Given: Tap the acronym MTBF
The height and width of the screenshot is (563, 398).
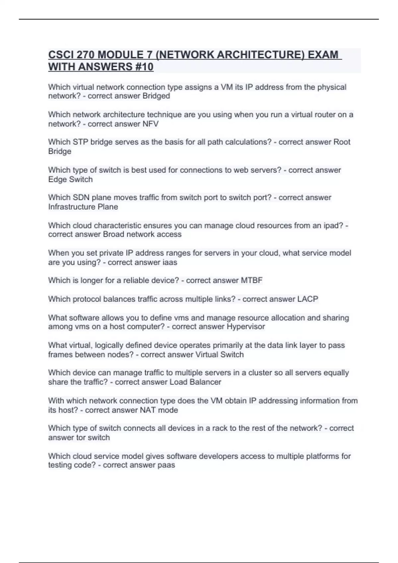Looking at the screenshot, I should pos(252,281).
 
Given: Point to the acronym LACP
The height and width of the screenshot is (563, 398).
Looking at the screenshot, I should pos(307,299).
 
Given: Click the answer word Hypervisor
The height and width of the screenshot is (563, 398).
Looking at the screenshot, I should pos(246,327).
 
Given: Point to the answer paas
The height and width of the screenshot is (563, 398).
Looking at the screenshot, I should pos(166,465).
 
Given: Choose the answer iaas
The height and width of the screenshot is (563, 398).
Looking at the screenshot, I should pos(169,262).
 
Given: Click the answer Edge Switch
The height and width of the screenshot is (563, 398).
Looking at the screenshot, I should pos(70,179).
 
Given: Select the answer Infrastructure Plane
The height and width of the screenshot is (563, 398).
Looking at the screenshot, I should pos(83,207).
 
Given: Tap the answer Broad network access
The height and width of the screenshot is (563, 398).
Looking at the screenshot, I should pos(142,234).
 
